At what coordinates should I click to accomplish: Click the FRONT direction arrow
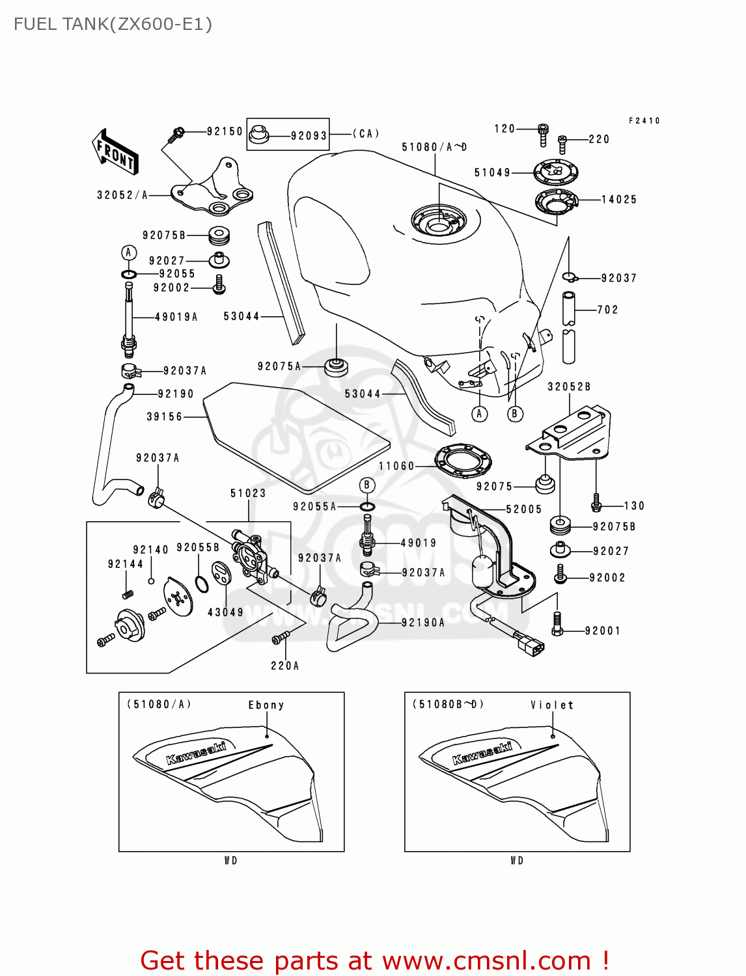click(115, 152)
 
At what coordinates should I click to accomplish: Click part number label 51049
click(492, 172)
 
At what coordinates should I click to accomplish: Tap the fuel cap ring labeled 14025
click(557, 202)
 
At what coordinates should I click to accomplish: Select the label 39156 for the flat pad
click(164, 416)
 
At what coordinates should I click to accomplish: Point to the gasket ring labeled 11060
click(463, 461)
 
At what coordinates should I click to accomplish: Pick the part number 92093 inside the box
click(309, 136)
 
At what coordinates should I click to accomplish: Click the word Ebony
click(266, 705)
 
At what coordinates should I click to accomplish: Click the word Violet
click(552, 705)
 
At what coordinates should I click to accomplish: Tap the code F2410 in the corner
click(644, 121)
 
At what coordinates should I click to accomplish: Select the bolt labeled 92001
click(557, 623)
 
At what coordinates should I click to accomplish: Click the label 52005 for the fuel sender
click(523, 509)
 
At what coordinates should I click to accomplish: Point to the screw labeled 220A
click(281, 638)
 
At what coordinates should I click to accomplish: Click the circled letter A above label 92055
click(129, 252)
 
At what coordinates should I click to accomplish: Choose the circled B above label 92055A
click(367, 485)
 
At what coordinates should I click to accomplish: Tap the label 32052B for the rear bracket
click(569, 386)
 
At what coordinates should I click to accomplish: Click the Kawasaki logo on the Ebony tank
click(195, 753)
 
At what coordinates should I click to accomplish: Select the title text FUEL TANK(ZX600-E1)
click(113, 24)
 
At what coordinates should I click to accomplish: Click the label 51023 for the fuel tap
click(248, 493)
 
